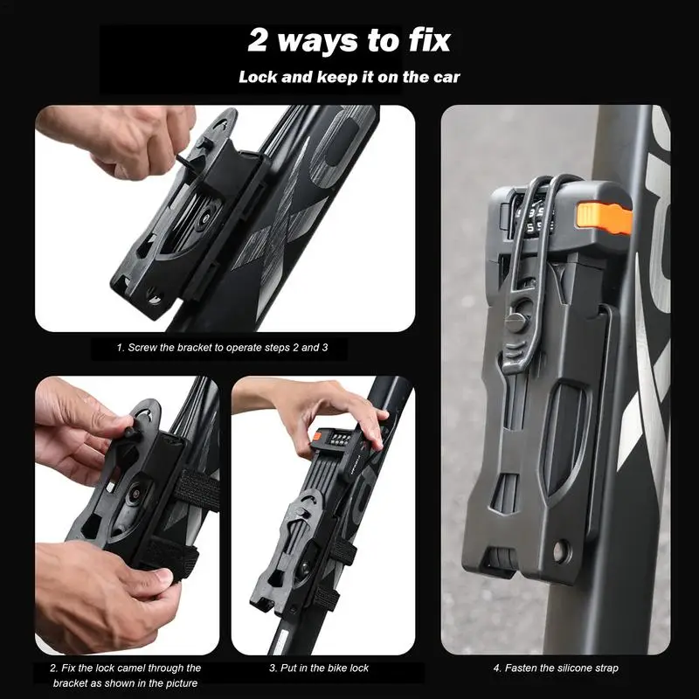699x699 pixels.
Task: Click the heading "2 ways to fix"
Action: click(x=349, y=40)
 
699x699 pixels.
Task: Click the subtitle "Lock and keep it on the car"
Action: click(x=349, y=77)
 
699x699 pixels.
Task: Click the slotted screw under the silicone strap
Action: click(x=516, y=320)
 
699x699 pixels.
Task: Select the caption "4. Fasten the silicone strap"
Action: click(x=556, y=668)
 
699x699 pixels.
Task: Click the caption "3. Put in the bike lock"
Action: click(x=319, y=668)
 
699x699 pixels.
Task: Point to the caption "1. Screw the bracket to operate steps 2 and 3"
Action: click(x=223, y=347)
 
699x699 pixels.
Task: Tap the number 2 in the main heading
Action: click(x=257, y=41)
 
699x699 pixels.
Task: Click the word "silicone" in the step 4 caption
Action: click(x=576, y=668)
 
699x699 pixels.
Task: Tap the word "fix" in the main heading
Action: click(x=429, y=40)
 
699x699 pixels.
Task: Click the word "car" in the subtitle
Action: click(x=447, y=78)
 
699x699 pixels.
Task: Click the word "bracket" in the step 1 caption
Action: click(x=193, y=347)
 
